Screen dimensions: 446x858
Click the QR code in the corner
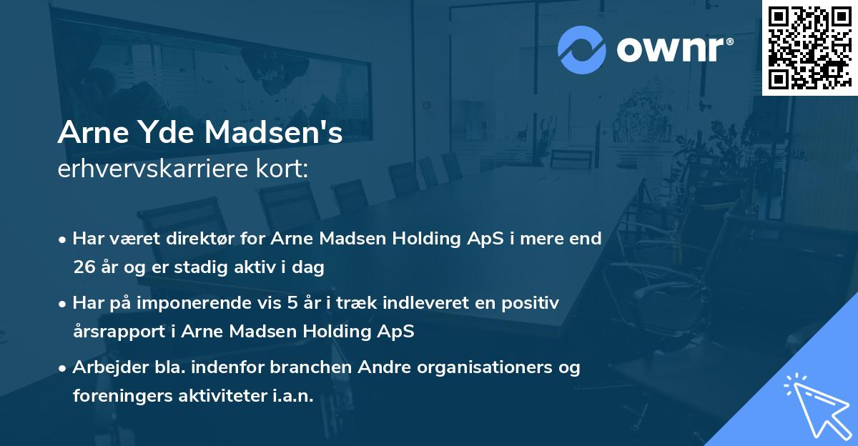[x=809, y=47]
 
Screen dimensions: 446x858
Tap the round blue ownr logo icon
[x=582, y=49]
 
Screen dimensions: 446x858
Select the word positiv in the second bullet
[x=531, y=303]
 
